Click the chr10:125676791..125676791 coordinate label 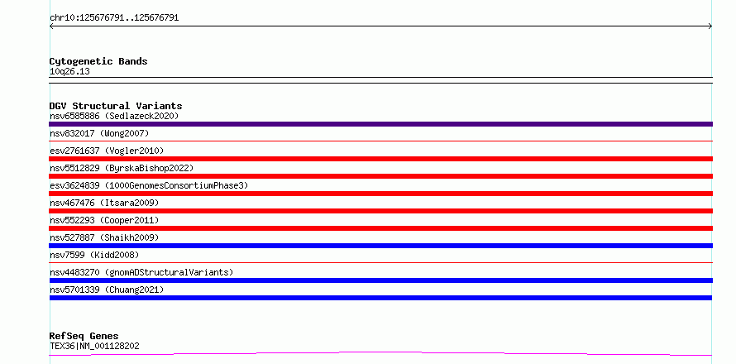click(x=114, y=18)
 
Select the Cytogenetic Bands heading click(x=98, y=61)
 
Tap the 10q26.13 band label click(x=69, y=72)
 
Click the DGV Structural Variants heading click(x=116, y=106)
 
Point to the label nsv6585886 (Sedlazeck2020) click(x=114, y=116)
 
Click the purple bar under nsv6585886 click(x=380, y=124)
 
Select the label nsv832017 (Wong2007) click(x=99, y=133)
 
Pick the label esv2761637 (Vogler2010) click(x=107, y=151)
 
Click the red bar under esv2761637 click(x=380, y=159)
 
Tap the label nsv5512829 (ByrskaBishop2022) click(x=122, y=168)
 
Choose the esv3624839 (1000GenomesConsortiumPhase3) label click(x=149, y=185)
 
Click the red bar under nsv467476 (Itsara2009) click(x=380, y=211)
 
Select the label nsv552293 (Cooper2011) click(x=104, y=220)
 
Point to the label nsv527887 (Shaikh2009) click(x=104, y=237)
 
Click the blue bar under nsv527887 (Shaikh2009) click(x=380, y=246)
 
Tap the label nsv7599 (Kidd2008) click(x=94, y=255)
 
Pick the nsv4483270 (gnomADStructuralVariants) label click(x=141, y=272)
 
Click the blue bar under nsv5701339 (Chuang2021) click(x=380, y=298)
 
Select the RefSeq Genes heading click(x=84, y=336)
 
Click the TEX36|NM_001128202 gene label click(x=94, y=347)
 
